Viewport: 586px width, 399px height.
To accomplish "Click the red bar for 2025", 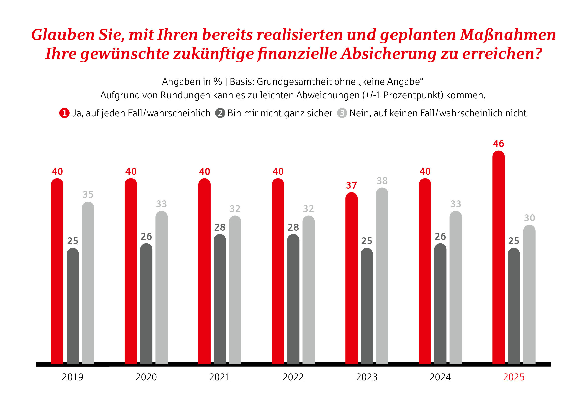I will pyautogui.click(x=498, y=258).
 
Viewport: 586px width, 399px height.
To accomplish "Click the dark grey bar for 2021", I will pyautogui.click(x=220, y=299).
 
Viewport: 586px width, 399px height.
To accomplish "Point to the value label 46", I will pyautogui.click(x=498, y=144).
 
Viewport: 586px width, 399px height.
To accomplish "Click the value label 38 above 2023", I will pyautogui.click(x=382, y=181).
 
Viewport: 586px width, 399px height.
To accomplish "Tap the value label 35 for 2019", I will pyautogui.click(x=88, y=194).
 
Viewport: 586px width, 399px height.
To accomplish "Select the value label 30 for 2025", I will pyautogui.click(x=529, y=218).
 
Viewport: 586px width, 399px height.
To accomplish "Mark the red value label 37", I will pyautogui.click(x=351, y=185).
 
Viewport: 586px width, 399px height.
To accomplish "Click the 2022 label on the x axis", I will pyautogui.click(x=293, y=377).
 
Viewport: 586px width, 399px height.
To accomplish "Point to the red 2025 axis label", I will pyautogui.click(x=514, y=377).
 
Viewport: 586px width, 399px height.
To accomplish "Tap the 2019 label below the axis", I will pyautogui.click(x=73, y=377).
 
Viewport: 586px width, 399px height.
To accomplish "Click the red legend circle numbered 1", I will pyautogui.click(x=64, y=113).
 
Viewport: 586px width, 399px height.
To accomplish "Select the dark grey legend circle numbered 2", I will pyautogui.click(x=220, y=113).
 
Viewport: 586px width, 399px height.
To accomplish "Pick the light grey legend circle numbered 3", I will pyautogui.click(x=342, y=113).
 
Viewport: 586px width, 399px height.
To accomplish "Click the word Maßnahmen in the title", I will pyautogui.click(x=508, y=35).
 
